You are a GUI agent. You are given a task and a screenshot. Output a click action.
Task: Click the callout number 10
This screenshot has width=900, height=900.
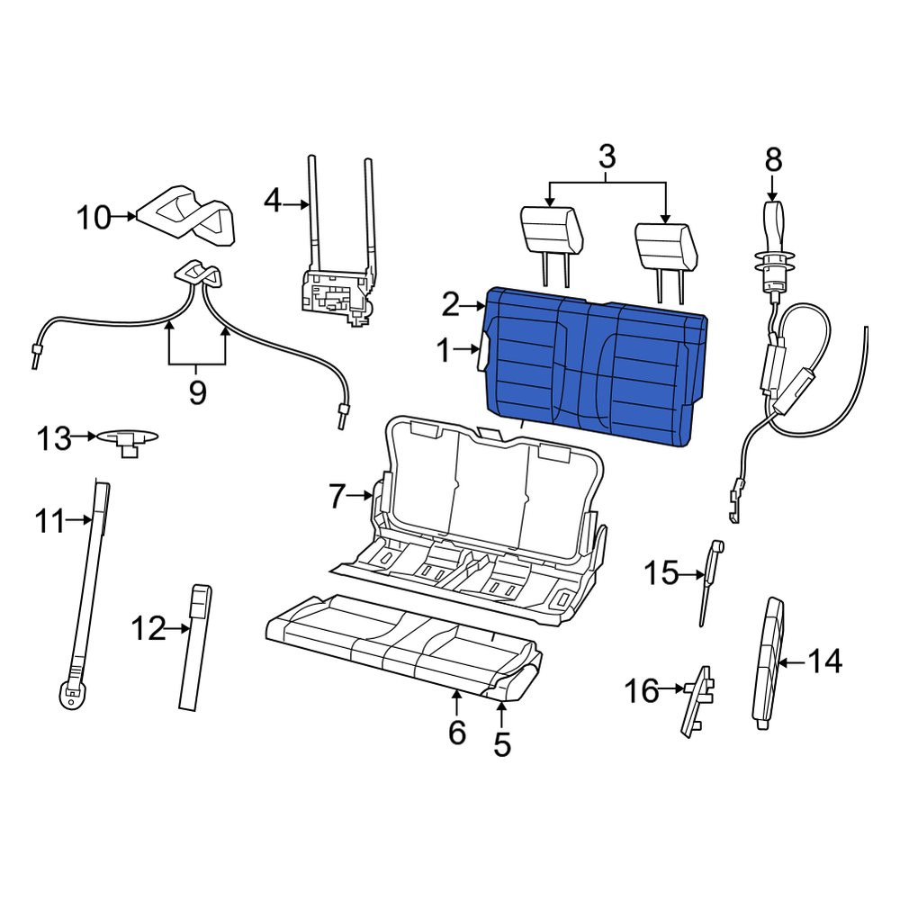(x=93, y=218)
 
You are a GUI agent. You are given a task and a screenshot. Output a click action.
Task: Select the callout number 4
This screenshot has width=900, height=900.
(x=273, y=202)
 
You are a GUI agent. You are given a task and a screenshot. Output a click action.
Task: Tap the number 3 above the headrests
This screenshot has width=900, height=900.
(x=607, y=156)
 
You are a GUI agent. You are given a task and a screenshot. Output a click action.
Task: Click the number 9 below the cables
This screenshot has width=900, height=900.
(x=197, y=392)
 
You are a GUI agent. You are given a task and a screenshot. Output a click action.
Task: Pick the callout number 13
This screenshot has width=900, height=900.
(x=54, y=438)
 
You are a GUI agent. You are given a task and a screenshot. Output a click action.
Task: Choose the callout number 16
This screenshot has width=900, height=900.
(x=642, y=690)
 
